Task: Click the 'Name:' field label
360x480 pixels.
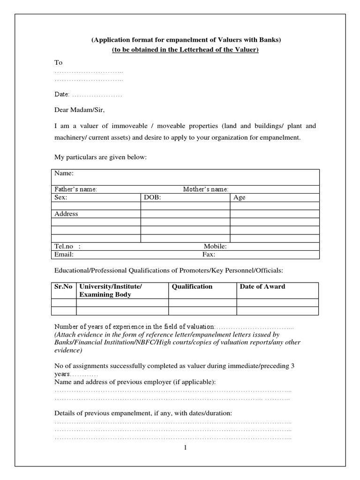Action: coord(64,173)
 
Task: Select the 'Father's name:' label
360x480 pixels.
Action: coord(75,189)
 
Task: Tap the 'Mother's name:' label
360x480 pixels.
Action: coord(205,189)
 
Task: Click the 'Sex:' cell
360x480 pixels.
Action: coord(61,197)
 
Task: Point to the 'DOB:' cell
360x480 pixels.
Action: coord(152,197)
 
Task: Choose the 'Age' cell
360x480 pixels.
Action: coord(239,197)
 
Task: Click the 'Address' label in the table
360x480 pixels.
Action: coord(67,214)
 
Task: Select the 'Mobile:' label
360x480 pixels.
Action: coord(215,247)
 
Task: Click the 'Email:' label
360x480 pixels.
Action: coord(64,255)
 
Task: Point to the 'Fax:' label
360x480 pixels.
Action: coord(209,255)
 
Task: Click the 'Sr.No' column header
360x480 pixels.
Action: coord(63,286)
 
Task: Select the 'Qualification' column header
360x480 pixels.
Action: coord(192,286)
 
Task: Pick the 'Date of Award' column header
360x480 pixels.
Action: coord(262,286)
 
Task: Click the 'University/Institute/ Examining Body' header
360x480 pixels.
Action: coord(111,291)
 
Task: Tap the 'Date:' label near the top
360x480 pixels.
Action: coord(62,95)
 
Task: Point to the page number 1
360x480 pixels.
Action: coord(185,448)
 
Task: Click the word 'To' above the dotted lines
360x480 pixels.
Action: coord(59,62)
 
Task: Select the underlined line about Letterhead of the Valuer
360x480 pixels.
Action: coord(185,50)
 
